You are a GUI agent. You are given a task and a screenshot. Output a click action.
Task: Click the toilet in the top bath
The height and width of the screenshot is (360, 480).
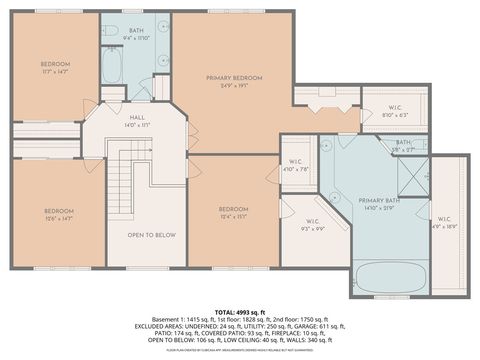(x=112, y=29)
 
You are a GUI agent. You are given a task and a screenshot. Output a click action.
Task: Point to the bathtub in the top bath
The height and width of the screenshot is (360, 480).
(x=113, y=69)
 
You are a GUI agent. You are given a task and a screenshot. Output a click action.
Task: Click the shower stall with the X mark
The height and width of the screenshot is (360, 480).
(x=413, y=176)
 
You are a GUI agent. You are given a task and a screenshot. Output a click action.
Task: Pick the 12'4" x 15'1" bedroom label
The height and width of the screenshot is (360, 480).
(x=233, y=212)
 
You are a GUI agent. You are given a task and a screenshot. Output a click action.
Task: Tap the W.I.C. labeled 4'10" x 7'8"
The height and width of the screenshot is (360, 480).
(x=296, y=166)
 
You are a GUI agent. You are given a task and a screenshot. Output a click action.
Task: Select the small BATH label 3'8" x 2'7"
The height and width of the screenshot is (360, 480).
(x=404, y=145)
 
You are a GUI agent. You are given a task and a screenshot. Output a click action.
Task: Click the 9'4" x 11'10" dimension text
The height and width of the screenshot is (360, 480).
(x=136, y=39)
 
